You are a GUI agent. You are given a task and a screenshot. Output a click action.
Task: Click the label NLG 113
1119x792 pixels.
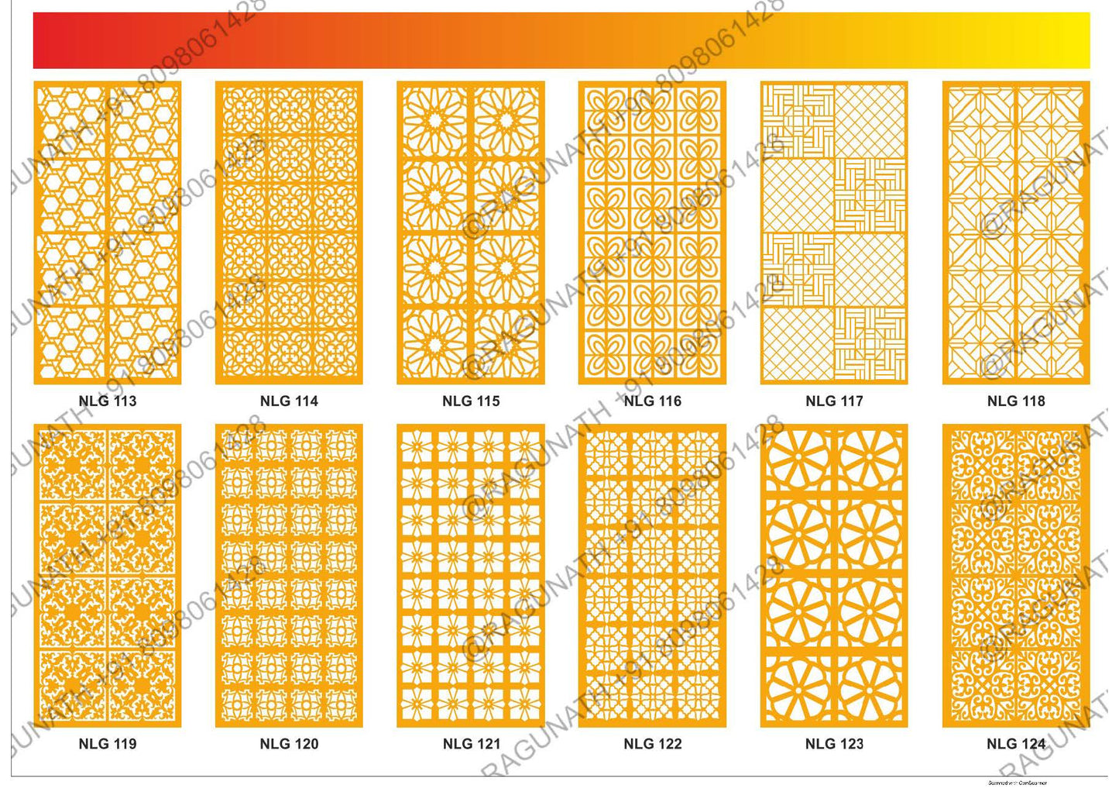[108, 401]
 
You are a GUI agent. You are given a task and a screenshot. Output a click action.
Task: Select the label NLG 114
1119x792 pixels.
[289, 401]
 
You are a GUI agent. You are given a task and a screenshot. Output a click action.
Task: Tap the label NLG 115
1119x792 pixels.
[471, 401]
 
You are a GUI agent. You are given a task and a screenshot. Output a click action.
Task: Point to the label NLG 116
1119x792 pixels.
[652, 401]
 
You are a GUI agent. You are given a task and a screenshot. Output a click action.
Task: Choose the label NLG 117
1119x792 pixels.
[834, 401]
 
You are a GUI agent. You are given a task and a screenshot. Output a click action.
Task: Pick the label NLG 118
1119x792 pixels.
[1016, 401]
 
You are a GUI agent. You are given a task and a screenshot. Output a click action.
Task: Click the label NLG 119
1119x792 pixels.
[108, 744]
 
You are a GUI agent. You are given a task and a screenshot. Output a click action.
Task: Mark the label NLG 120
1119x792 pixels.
[289, 744]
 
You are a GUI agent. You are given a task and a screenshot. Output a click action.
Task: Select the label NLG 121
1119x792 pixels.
[471, 744]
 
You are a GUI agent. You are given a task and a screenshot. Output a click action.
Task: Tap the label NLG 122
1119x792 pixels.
[652, 744]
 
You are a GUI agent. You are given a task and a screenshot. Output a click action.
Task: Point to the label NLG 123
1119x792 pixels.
[834, 744]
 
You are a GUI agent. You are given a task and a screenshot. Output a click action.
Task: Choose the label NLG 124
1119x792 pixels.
[1016, 744]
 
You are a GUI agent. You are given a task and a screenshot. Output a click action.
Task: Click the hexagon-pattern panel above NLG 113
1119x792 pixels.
[108, 232]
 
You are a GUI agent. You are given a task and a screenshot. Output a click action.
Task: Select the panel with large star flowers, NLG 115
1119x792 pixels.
[471, 232]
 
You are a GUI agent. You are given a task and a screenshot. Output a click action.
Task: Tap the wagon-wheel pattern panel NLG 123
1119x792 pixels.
[834, 575]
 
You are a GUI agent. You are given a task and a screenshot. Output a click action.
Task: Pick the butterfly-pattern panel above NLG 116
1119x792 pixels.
[652, 232]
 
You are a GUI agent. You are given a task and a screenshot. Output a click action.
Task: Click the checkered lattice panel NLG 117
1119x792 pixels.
[834, 232]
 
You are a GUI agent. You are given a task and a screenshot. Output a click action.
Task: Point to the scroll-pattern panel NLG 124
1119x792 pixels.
[1016, 575]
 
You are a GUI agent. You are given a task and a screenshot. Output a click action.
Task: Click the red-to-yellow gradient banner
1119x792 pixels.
[561, 40]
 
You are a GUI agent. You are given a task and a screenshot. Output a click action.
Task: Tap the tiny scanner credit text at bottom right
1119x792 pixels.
[1017, 783]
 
